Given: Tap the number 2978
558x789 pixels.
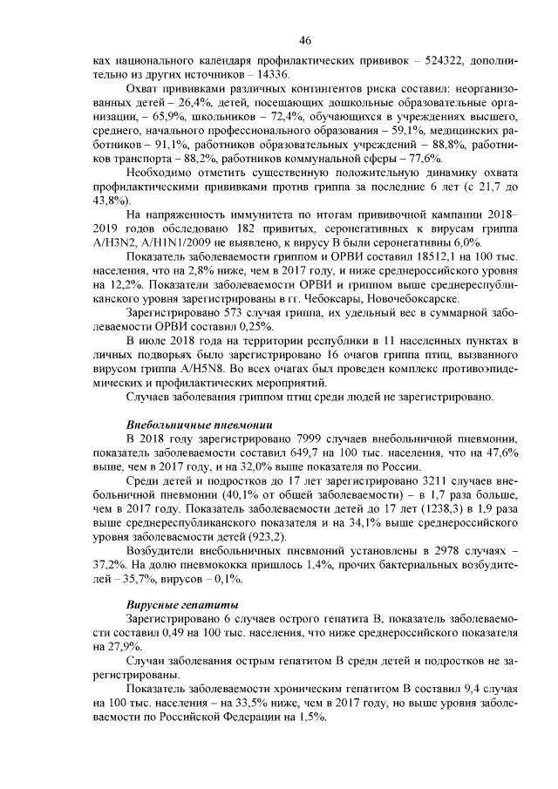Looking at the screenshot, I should pyautogui.click(x=444, y=549).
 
